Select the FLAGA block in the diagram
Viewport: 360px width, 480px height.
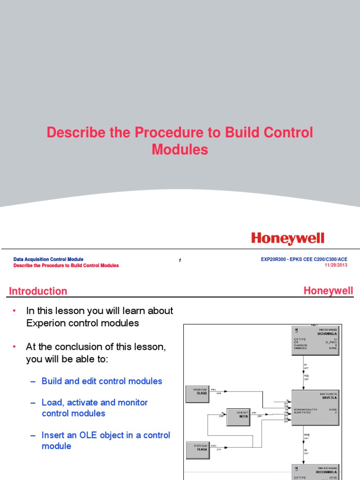200,449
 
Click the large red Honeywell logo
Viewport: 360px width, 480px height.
288,239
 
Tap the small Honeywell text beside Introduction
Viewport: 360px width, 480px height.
328,291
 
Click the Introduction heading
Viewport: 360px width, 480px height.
38,291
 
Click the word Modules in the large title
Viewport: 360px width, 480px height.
180,150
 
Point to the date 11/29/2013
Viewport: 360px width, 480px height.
336,265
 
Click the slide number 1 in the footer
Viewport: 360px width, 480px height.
180,261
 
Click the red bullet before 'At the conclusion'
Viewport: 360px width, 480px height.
14,347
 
